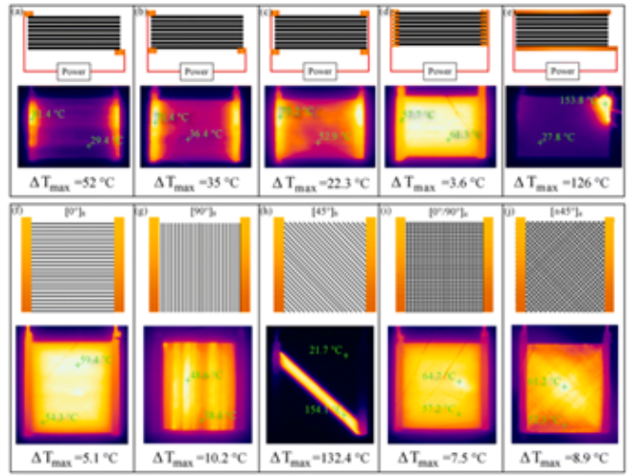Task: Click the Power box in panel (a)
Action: pos(74,70)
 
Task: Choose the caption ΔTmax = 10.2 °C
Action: pos(195,458)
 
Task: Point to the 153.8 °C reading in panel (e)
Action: pos(578,99)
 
